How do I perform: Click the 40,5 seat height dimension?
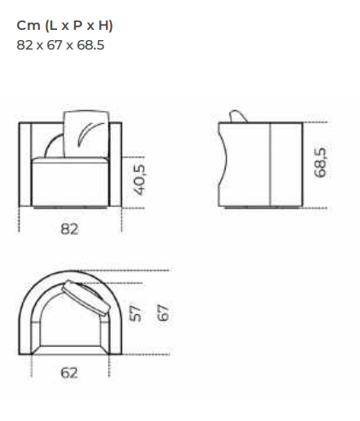[x=141, y=180]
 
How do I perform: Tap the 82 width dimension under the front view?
[x=69, y=229]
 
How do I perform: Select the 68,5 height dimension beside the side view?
[x=321, y=162]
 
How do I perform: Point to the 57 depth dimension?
[x=136, y=313]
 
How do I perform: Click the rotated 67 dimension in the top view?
[x=163, y=313]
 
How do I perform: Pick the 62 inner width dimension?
[x=69, y=373]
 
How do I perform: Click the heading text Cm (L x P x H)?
[x=65, y=26]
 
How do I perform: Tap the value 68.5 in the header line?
[x=90, y=45]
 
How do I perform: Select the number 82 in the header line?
[x=25, y=45]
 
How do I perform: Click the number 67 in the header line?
[x=55, y=45]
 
